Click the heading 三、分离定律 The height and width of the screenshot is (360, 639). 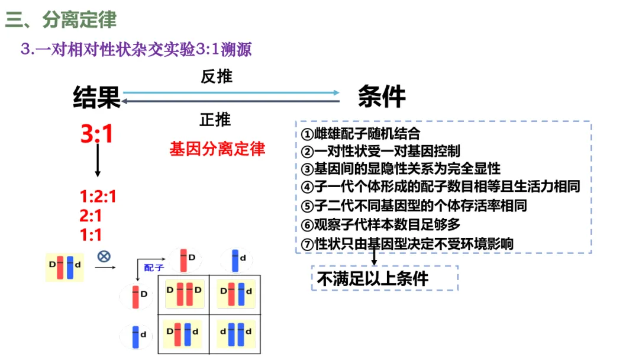61,20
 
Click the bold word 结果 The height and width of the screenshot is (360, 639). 96,97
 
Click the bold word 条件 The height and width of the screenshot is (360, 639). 382,97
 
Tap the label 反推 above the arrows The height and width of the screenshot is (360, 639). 217,77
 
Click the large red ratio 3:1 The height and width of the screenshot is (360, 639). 97,135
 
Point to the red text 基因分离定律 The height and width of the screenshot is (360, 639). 217,148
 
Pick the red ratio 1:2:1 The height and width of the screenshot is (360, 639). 98,197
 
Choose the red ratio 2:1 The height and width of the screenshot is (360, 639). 91,216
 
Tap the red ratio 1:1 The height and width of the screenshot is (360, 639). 91,234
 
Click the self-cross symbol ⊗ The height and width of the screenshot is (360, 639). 104,256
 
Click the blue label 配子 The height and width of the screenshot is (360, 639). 154,268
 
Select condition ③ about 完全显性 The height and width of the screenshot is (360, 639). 400,168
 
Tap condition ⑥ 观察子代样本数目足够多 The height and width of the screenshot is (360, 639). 380,225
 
